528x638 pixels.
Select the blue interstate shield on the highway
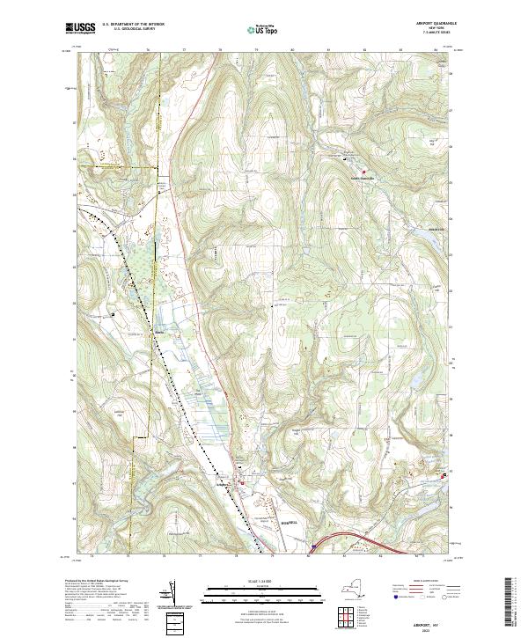[x=313, y=546]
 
